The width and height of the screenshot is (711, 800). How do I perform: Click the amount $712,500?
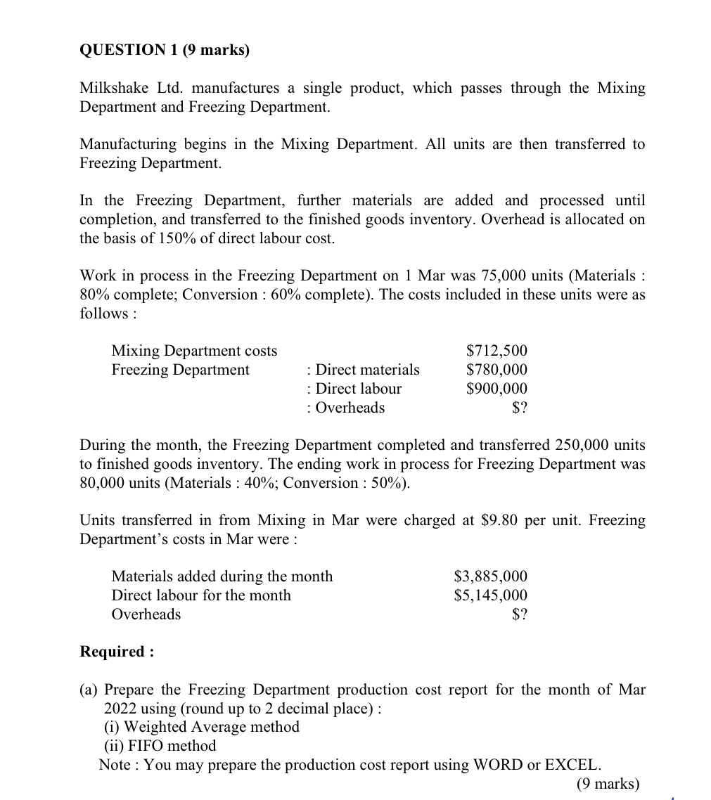point(497,351)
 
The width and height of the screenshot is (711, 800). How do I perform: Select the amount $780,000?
point(497,370)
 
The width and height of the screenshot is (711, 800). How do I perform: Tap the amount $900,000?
point(497,389)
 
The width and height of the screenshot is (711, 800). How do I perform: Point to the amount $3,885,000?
point(490,576)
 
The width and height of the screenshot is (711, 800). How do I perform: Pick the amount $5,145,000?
point(490,595)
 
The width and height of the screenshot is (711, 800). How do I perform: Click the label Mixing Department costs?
point(194,351)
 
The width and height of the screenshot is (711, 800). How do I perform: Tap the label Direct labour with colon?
point(354,389)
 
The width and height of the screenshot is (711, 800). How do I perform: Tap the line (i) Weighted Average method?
point(202,727)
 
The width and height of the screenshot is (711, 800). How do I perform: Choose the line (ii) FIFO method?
point(160,745)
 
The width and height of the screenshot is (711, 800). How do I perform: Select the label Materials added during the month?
point(222,576)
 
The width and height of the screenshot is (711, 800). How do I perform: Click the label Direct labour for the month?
point(201,595)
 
